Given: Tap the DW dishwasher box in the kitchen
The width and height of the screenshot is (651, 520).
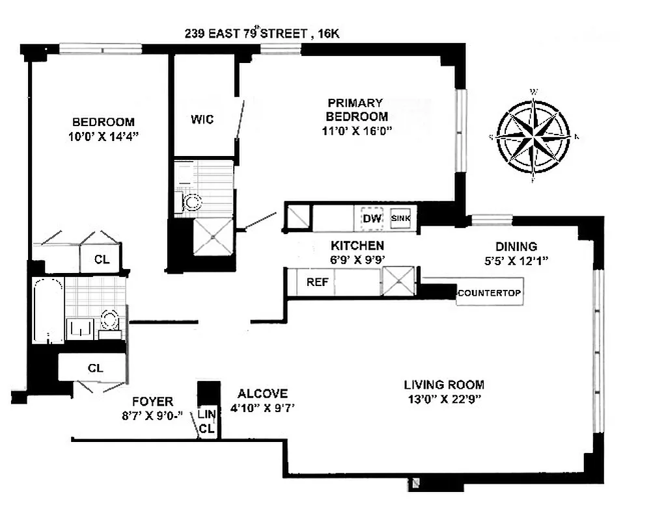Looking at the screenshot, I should pos(372,218).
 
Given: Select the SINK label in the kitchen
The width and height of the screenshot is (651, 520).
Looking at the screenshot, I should pos(400,218).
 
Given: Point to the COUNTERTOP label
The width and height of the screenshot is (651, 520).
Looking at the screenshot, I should pos(489,292).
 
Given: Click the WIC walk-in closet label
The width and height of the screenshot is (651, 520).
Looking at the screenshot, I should pos(202,120).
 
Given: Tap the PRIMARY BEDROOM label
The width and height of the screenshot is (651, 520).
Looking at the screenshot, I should pos(357,109).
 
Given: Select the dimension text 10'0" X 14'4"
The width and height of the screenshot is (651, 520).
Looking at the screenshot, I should pos(103,136).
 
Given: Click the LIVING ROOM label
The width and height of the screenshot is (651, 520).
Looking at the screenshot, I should pos(443,384).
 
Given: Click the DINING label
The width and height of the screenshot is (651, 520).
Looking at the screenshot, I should pos(516,246).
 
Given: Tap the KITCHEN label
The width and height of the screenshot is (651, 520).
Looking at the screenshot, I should pos(357,246).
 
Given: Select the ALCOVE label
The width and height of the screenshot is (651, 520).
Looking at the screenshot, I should pos(262,393).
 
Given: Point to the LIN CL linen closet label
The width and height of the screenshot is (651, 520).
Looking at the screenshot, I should pos(206,421).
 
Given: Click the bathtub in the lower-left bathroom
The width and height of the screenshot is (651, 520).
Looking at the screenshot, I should pos(48,310).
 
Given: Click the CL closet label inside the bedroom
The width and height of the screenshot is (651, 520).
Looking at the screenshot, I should pos(102,259).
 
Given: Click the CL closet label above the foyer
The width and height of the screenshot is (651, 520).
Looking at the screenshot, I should pos(95,368).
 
